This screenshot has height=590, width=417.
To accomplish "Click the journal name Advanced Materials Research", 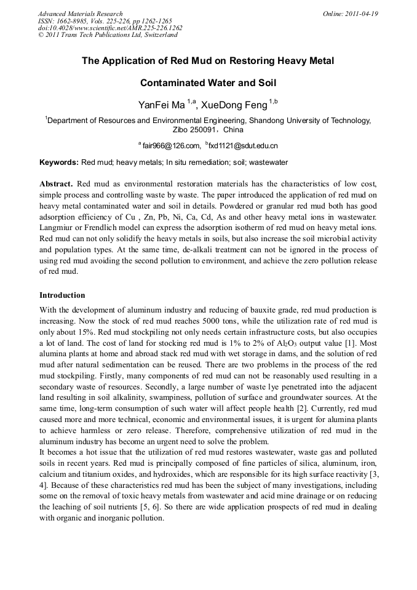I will tap(80, 14).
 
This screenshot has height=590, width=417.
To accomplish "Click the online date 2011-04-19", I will tap(361, 14).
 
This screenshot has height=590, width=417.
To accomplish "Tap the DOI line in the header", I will tap(110, 28).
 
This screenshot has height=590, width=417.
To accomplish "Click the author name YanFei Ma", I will tap(162, 105).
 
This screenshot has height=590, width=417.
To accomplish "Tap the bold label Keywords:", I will tap(59, 162).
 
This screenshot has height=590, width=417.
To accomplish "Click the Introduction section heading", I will tap(62, 295).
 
